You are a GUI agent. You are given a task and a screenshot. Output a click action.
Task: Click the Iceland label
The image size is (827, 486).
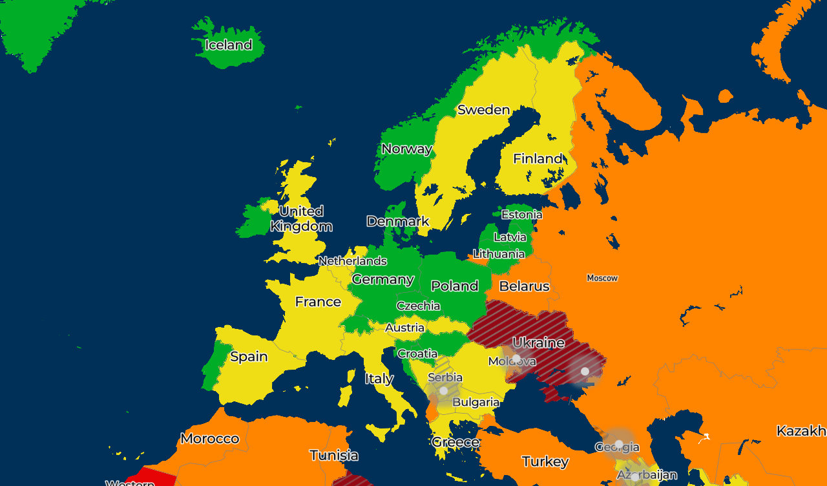click(x=228, y=45)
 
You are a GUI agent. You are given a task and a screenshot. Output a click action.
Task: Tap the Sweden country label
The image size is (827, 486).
click(x=483, y=110)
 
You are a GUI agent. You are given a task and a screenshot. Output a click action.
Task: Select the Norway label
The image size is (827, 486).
click(x=406, y=149)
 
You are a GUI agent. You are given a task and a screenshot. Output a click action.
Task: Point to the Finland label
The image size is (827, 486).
click(x=538, y=159)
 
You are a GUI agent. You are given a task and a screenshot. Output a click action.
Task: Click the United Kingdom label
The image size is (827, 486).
click(x=301, y=219)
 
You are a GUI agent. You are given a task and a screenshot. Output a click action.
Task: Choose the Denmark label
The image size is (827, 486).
click(x=398, y=222)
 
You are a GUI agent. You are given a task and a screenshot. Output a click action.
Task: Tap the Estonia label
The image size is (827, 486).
click(x=521, y=215)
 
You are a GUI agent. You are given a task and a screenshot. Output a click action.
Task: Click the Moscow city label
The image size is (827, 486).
click(x=602, y=278)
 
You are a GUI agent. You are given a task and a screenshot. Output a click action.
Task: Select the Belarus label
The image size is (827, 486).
click(x=524, y=286)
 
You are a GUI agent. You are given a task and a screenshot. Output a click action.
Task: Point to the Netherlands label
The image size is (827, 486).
click(x=353, y=261)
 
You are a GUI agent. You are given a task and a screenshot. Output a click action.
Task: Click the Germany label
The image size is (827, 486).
click(x=382, y=280)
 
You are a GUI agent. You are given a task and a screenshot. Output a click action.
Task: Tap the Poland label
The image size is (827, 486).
click(x=454, y=286)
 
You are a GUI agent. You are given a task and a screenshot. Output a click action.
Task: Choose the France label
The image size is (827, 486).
click(x=318, y=302)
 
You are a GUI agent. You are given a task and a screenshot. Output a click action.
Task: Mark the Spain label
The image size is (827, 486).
click(x=249, y=357)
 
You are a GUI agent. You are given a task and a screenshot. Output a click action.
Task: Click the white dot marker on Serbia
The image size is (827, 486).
click(x=443, y=390)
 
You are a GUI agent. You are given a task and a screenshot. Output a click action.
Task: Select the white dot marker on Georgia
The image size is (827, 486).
click(x=618, y=444)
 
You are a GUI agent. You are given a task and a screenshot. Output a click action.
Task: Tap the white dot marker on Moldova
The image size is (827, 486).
click(x=516, y=358)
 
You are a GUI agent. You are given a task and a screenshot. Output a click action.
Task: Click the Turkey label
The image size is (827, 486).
click(x=545, y=461)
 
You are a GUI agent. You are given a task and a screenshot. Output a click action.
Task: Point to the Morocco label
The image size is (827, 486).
click(x=210, y=439)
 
